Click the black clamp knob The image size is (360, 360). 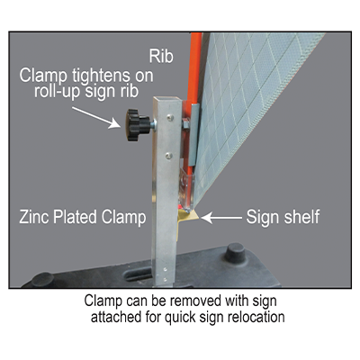(138, 125)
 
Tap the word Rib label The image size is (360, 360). (161, 56)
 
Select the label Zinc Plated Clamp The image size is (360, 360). (83, 217)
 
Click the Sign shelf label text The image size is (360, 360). (283, 217)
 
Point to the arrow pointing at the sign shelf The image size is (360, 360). (221, 218)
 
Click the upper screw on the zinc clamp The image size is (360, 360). (170, 118)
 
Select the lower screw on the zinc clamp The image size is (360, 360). (169, 156)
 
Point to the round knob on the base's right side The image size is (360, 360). (234, 253)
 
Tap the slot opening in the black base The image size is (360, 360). (139, 273)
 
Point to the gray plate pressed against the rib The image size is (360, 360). (193, 134)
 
